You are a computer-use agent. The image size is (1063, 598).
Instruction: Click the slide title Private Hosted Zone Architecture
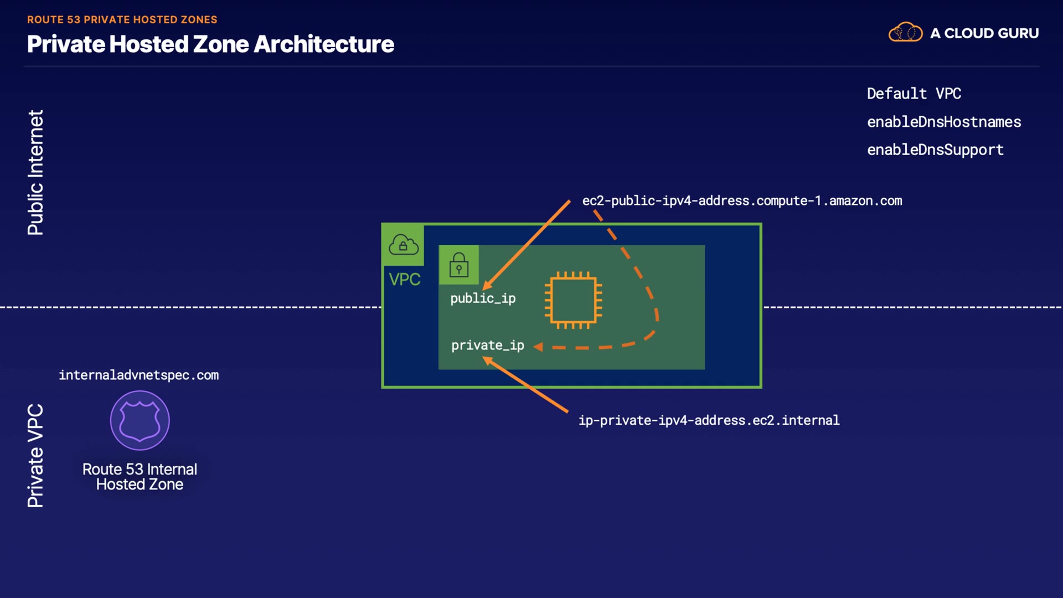coord(210,44)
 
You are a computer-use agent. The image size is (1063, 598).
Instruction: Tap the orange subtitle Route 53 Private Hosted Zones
coord(122,19)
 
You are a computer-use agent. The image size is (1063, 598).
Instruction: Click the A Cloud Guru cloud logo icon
coord(905,33)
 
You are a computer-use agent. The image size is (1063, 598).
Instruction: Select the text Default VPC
coord(914,94)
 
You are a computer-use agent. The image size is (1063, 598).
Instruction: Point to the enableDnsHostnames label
coord(943,122)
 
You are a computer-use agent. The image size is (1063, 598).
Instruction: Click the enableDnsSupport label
coord(935,149)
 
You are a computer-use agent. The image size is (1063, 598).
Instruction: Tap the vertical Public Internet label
coord(35,172)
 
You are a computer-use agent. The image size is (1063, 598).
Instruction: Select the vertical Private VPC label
coord(35,455)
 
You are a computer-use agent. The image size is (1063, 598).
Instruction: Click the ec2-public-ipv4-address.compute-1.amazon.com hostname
coord(742,200)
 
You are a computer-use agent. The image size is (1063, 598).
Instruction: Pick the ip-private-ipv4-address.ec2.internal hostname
coord(709,420)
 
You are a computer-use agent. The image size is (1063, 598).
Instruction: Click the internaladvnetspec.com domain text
coord(138,375)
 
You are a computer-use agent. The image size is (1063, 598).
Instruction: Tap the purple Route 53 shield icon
coord(140,420)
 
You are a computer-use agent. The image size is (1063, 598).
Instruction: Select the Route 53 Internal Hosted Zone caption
coord(140,477)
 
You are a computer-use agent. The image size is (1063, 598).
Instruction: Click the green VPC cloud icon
coord(403,245)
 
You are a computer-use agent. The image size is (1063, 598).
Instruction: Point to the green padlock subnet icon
coord(458,265)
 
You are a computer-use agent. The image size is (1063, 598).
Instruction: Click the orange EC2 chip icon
coord(573,300)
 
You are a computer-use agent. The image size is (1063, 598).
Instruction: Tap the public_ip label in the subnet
coord(483,298)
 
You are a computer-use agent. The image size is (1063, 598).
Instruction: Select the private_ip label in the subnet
coord(487,346)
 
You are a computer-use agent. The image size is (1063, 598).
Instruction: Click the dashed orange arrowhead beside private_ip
coord(538,347)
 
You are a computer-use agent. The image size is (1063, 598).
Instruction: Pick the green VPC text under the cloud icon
coord(404,280)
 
